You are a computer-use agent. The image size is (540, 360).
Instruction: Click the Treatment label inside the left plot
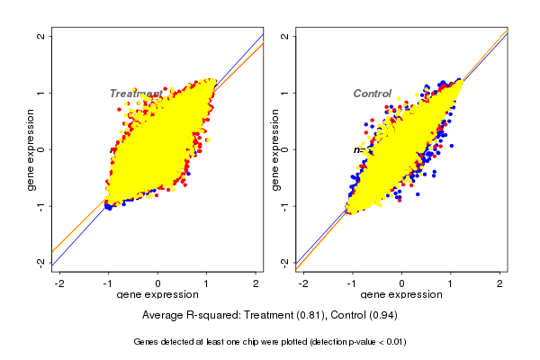(x=136, y=94)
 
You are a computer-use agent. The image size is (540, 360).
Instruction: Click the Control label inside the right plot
(x=372, y=94)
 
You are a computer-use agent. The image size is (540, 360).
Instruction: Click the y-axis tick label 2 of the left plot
(x=41, y=36)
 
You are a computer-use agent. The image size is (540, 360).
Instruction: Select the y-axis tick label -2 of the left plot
(x=41, y=262)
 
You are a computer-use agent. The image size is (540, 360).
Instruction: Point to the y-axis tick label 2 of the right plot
(x=285, y=36)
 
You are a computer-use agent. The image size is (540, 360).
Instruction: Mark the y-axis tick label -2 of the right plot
(x=285, y=262)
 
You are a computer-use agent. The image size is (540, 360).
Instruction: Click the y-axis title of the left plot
(x=30, y=149)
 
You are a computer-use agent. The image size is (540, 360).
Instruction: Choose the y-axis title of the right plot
(x=274, y=149)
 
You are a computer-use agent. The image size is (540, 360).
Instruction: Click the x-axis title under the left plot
(x=158, y=295)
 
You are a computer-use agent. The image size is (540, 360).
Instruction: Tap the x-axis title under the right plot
(x=402, y=295)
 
